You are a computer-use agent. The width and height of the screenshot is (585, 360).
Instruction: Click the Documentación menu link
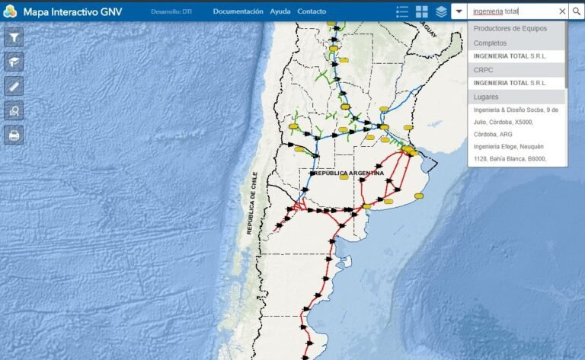(x=238, y=11)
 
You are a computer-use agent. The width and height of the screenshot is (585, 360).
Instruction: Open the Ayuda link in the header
(x=280, y=11)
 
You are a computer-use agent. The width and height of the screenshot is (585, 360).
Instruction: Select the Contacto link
(x=312, y=11)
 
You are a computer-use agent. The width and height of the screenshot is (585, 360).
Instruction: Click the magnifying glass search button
(x=576, y=11)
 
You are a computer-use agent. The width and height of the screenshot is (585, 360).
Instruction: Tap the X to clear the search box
(x=562, y=11)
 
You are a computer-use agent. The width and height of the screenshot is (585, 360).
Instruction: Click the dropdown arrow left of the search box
(x=459, y=11)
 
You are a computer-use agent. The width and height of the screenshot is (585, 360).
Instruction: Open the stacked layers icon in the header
(x=441, y=11)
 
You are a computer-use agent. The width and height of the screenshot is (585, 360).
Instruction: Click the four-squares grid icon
(x=422, y=11)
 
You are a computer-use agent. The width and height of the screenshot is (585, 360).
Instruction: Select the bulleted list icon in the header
(x=402, y=11)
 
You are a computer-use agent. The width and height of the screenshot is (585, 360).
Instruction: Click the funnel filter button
(x=14, y=37)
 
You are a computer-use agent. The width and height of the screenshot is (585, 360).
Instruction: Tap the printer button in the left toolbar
(x=14, y=135)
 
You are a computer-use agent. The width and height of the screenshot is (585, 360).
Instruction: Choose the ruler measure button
(x=14, y=86)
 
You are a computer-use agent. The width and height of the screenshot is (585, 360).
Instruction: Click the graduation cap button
(x=14, y=62)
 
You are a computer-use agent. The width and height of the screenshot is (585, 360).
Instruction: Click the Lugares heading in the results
(x=486, y=97)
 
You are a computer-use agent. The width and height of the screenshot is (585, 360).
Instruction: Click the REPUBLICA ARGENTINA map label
(x=347, y=174)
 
